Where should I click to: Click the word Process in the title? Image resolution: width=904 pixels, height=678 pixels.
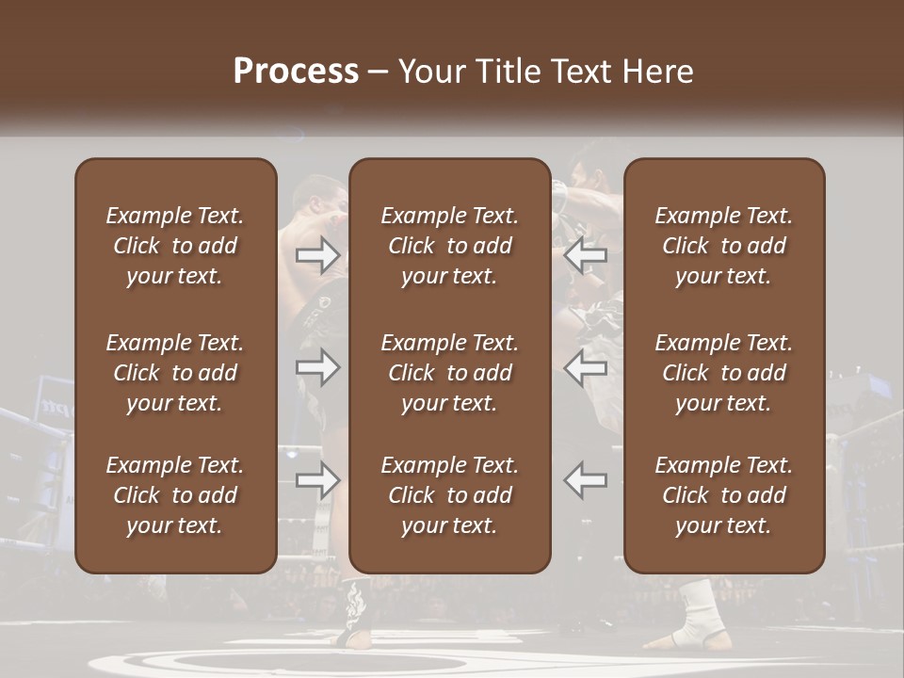[x=296, y=72]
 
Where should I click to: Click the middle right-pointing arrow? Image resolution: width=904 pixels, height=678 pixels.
[x=318, y=367]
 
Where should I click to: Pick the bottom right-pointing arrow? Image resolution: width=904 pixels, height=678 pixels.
[x=318, y=480]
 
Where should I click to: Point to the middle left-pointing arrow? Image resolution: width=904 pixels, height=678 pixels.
[x=586, y=367]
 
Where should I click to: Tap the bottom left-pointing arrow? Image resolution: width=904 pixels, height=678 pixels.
[x=586, y=480]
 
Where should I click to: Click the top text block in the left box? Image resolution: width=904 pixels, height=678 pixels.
[x=175, y=246]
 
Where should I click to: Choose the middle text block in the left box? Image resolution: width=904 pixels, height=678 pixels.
[x=175, y=373]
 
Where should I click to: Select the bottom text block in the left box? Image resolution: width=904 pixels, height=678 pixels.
[x=175, y=495]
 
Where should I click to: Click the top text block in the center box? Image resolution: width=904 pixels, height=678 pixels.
[x=449, y=246]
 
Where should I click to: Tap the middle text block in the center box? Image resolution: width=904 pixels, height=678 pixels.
[x=449, y=373]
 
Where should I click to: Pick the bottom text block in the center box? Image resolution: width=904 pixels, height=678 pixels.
[x=449, y=495]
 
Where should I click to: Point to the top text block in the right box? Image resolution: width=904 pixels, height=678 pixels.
[x=723, y=246]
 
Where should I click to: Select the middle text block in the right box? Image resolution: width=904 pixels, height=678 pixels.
[x=723, y=373]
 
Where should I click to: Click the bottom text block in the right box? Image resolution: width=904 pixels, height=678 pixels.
[x=723, y=495]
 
